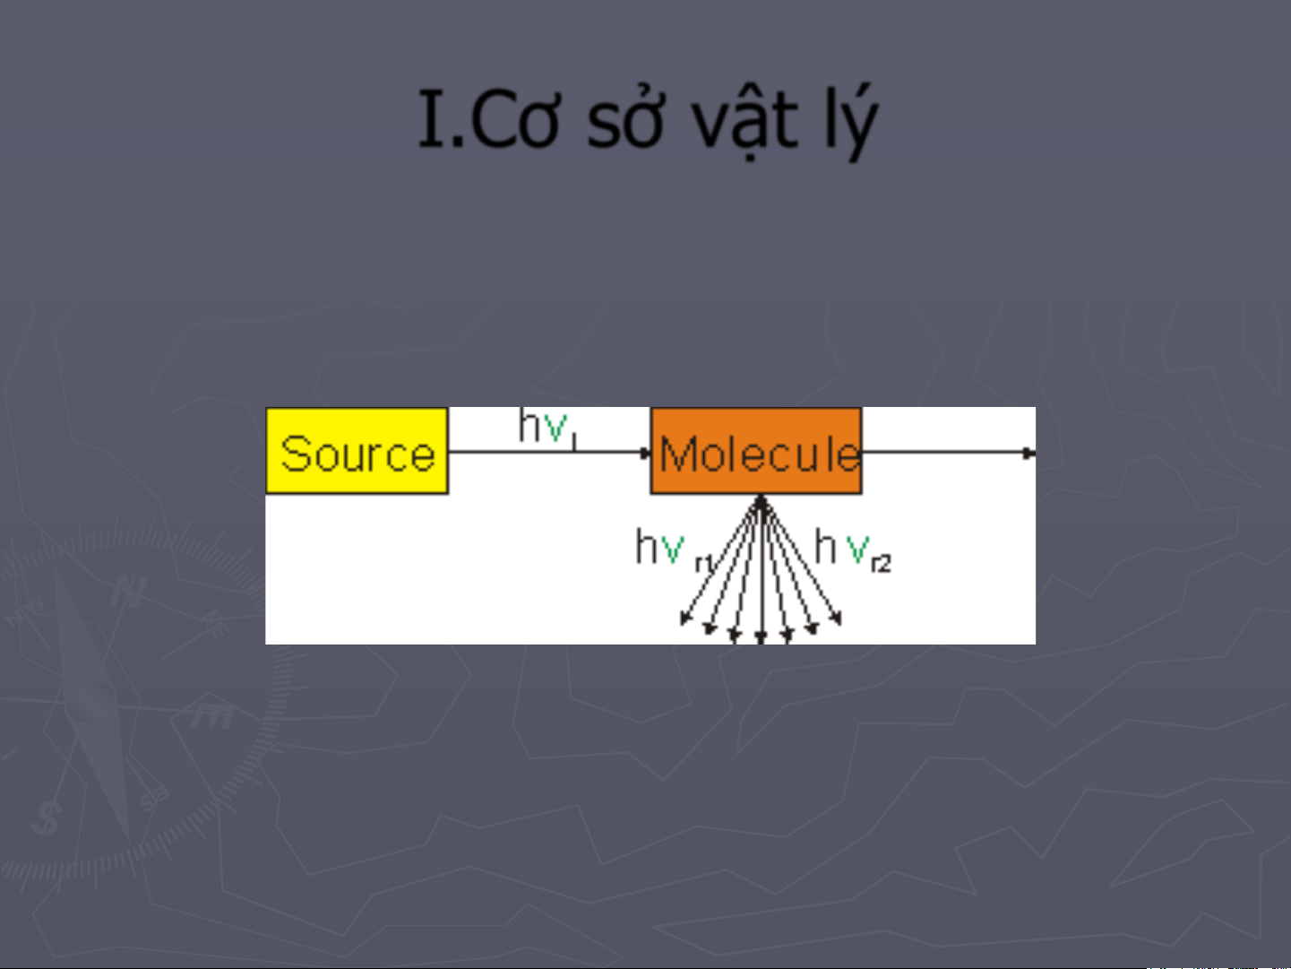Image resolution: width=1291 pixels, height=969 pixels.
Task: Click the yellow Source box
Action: pyautogui.click(x=357, y=451)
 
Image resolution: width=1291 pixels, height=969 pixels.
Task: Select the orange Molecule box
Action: pyautogui.click(x=756, y=451)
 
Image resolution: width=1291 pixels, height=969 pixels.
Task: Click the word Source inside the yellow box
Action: pyautogui.click(x=357, y=454)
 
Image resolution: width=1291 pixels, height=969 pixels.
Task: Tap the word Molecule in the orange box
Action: pyautogui.click(x=760, y=454)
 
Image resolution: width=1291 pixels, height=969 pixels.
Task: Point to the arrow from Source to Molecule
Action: pyautogui.click(x=549, y=453)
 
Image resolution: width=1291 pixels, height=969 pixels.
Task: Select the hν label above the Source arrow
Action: pyautogui.click(x=548, y=428)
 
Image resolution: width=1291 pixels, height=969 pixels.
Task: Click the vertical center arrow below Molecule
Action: pyautogui.click(x=762, y=569)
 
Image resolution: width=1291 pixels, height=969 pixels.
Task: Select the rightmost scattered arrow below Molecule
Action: pyautogui.click(x=802, y=562)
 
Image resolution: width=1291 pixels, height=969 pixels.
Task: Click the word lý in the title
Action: pyautogui.click(x=851, y=121)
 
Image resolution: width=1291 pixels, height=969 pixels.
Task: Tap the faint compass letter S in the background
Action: pyautogui.click(x=47, y=818)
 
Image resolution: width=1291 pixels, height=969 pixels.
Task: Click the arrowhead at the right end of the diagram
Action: pyautogui.click(x=1029, y=453)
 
